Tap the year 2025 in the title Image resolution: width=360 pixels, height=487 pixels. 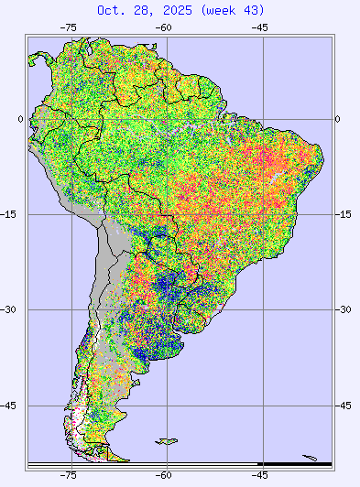click(177, 10)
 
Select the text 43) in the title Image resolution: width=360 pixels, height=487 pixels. click(254, 10)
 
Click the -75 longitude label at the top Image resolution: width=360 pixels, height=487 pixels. click(68, 27)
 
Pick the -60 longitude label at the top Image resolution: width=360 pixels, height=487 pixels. click(164, 27)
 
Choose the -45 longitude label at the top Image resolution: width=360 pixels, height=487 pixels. click(260, 27)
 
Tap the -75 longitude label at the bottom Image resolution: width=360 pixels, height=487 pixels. click(68, 475)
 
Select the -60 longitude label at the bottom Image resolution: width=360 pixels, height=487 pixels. click(164, 475)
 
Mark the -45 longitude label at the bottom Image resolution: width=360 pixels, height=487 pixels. click(260, 475)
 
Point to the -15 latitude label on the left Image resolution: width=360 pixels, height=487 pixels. click(12, 214)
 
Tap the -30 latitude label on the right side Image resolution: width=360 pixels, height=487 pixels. click(344, 309)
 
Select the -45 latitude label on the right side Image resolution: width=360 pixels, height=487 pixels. click(344, 405)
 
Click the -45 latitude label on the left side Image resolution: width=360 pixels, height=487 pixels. click(12, 405)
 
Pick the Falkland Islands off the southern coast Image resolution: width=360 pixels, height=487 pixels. click(166, 442)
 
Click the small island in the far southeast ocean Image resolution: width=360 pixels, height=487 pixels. click(311, 459)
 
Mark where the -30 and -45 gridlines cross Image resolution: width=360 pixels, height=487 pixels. click(260, 309)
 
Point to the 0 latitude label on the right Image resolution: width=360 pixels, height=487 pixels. click(338, 119)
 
